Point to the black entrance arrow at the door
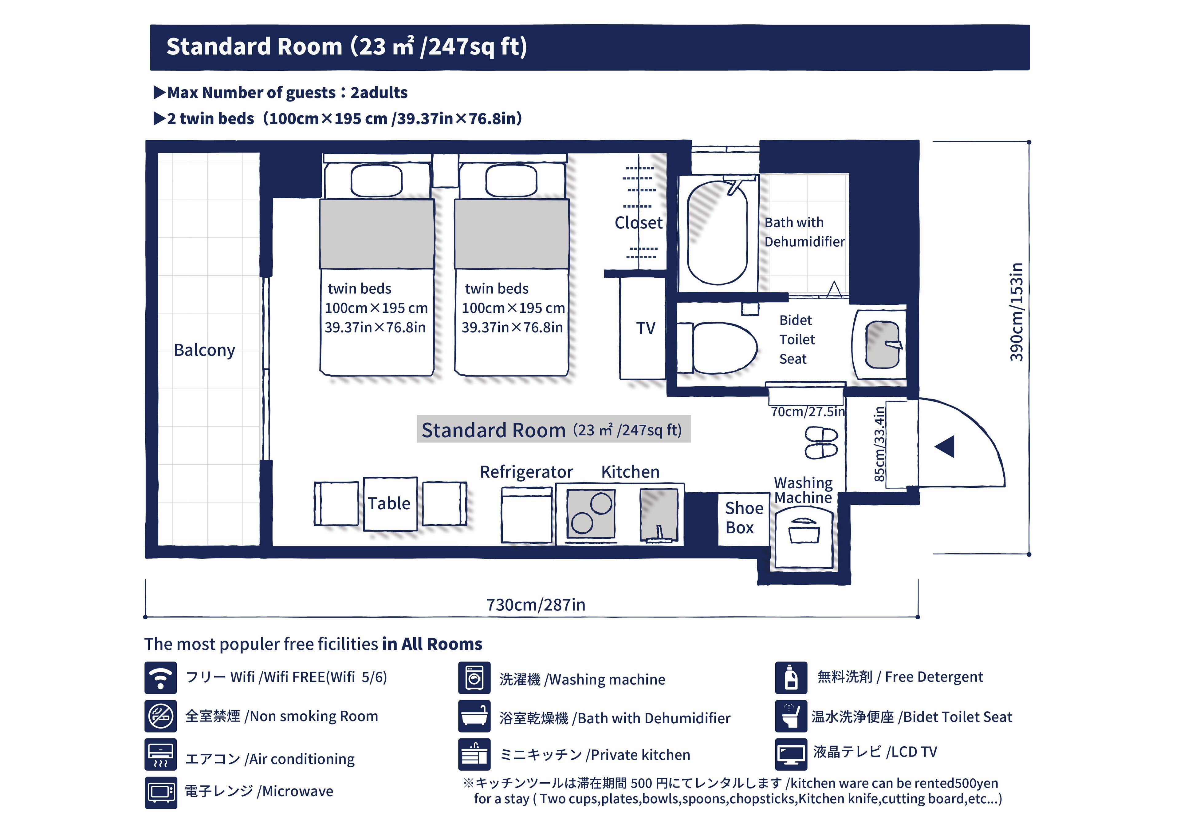[x=946, y=446]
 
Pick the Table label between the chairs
[x=389, y=503]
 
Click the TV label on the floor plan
[x=646, y=328]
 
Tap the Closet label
[x=638, y=223]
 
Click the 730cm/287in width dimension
[x=536, y=605]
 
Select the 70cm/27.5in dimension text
[x=807, y=411]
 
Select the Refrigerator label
[x=526, y=471]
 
